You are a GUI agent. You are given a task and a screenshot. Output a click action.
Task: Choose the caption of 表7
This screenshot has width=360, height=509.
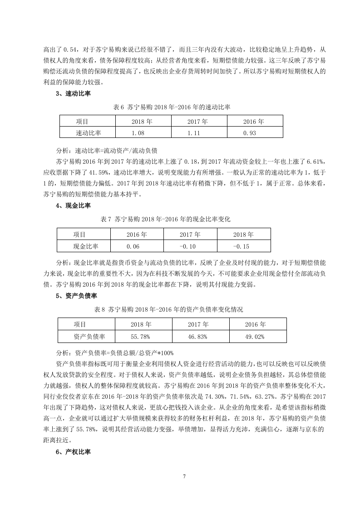(165, 219)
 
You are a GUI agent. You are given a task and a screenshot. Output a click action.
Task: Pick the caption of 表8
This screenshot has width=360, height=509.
(168, 309)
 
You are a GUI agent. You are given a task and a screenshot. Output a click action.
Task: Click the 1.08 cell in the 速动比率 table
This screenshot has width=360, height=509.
(143, 132)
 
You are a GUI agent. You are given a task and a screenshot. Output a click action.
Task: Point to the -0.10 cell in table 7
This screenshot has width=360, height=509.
(190, 246)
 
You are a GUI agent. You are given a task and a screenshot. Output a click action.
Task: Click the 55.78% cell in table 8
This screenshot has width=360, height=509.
(143, 337)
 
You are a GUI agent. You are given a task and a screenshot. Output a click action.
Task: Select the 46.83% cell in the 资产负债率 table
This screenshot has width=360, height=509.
(201, 337)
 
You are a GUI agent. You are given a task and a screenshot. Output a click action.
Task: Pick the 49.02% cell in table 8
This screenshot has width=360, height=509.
(257, 337)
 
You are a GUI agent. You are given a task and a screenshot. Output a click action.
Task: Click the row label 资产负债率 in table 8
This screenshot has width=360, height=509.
(86, 337)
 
